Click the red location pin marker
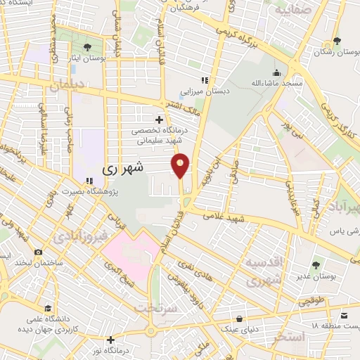coord(181,165)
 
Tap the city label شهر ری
coord(122,168)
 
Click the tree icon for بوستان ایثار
coord(87,48)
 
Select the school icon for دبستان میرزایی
coord(205,80)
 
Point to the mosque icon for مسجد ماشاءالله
coord(276,72)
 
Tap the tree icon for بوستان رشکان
coord(337,41)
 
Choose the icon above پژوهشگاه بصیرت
coord(89,181)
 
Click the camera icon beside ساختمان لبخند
coord(37,251)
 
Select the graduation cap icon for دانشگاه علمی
coord(48,308)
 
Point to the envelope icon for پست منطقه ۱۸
coord(345,316)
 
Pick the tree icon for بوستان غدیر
coord(316,264)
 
